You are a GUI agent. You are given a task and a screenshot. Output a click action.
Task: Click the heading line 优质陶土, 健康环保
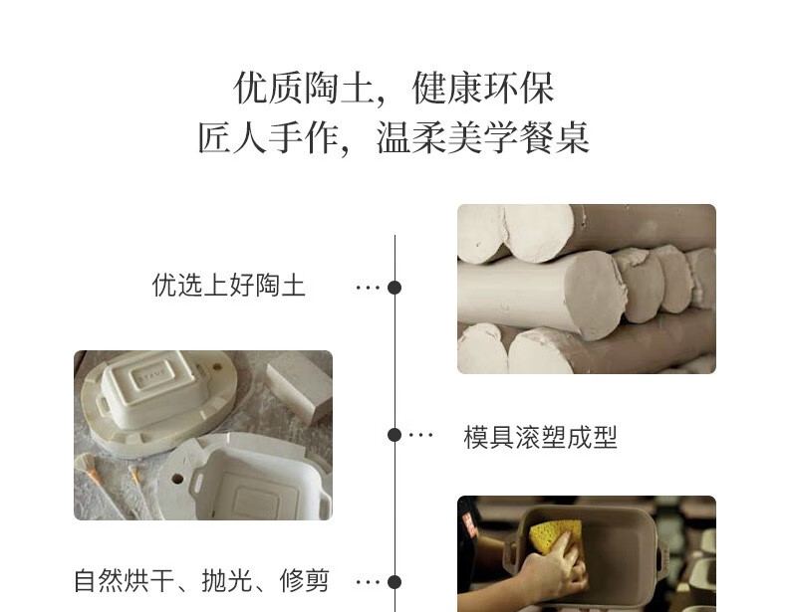(394, 89)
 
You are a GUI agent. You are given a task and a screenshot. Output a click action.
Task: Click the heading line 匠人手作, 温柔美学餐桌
(394, 137)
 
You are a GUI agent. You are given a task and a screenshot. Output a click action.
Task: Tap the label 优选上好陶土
(228, 286)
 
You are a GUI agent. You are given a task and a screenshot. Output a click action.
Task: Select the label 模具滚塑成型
(540, 437)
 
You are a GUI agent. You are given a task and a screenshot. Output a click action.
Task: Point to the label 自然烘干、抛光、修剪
(201, 581)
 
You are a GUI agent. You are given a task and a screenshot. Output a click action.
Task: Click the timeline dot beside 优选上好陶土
(394, 288)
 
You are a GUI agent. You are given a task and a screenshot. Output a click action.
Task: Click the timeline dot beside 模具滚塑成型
(394, 435)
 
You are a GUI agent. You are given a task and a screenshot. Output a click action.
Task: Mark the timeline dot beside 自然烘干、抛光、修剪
(394, 582)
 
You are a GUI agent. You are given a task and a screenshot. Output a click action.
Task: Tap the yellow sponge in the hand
(553, 535)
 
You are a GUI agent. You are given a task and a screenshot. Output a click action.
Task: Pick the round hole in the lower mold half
(177, 479)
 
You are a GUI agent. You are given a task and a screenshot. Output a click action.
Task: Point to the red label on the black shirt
(469, 525)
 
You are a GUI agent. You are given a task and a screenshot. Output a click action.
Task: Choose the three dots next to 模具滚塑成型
(420, 435)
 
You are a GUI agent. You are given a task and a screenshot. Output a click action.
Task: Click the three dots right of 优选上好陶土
(368, 288)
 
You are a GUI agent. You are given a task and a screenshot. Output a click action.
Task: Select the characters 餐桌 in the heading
(554, 137)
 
